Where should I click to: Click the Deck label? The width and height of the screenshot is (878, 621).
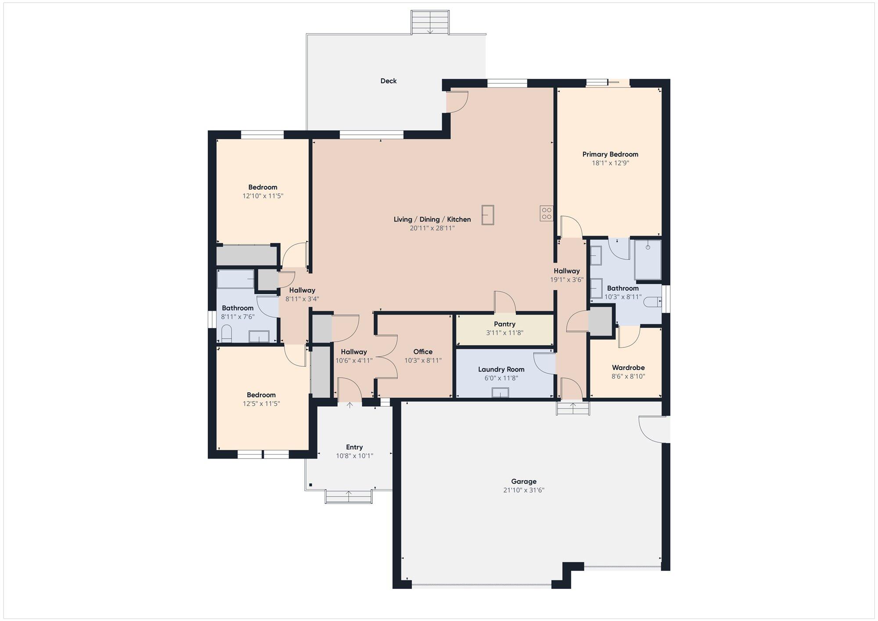388,81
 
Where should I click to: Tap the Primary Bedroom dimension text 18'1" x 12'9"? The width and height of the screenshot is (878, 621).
610,163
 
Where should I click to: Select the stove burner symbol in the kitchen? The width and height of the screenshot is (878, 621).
547,213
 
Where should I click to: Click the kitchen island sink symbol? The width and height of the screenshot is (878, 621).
488,215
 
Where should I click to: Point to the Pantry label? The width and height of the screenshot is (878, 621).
504,324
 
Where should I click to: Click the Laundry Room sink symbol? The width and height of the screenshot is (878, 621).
500,393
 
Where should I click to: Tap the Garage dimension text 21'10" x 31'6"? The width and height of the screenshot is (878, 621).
524,490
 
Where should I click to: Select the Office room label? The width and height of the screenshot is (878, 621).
423,352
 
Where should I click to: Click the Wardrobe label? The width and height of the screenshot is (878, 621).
628,368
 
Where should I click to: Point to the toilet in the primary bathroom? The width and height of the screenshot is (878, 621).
655,302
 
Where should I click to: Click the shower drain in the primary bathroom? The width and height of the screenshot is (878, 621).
648,248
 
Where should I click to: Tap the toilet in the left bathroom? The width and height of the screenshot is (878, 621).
227,334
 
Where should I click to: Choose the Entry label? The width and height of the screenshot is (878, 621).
354,447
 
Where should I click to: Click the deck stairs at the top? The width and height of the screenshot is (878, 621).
430,22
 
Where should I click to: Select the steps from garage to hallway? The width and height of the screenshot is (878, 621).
573,408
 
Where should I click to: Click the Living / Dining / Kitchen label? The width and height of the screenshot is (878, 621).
432,219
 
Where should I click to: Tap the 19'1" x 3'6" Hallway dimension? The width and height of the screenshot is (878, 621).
567,280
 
